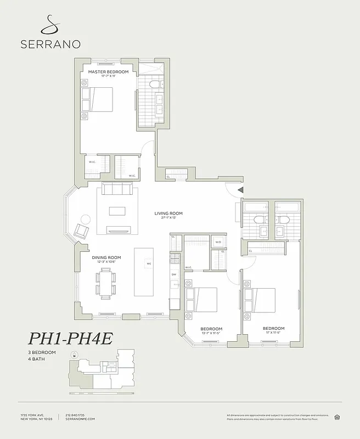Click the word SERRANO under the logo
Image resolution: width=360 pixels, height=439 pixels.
tap(50, 44)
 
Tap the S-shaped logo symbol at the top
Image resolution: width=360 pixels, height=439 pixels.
tap(50, 23)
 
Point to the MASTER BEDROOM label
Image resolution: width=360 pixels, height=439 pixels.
tap(108, 72)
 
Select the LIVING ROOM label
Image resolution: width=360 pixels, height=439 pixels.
tap(168, 213)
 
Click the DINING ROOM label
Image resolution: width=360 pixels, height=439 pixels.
tap(106, 257)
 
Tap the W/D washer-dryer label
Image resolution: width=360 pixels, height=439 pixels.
tap(218, 242)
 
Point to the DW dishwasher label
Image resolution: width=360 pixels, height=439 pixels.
tap(174, 274)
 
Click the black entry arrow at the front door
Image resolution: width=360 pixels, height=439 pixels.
tap(239, 190)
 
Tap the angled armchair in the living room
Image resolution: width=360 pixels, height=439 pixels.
tap(82, 230)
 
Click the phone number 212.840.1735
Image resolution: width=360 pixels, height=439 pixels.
tap(76, 414)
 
